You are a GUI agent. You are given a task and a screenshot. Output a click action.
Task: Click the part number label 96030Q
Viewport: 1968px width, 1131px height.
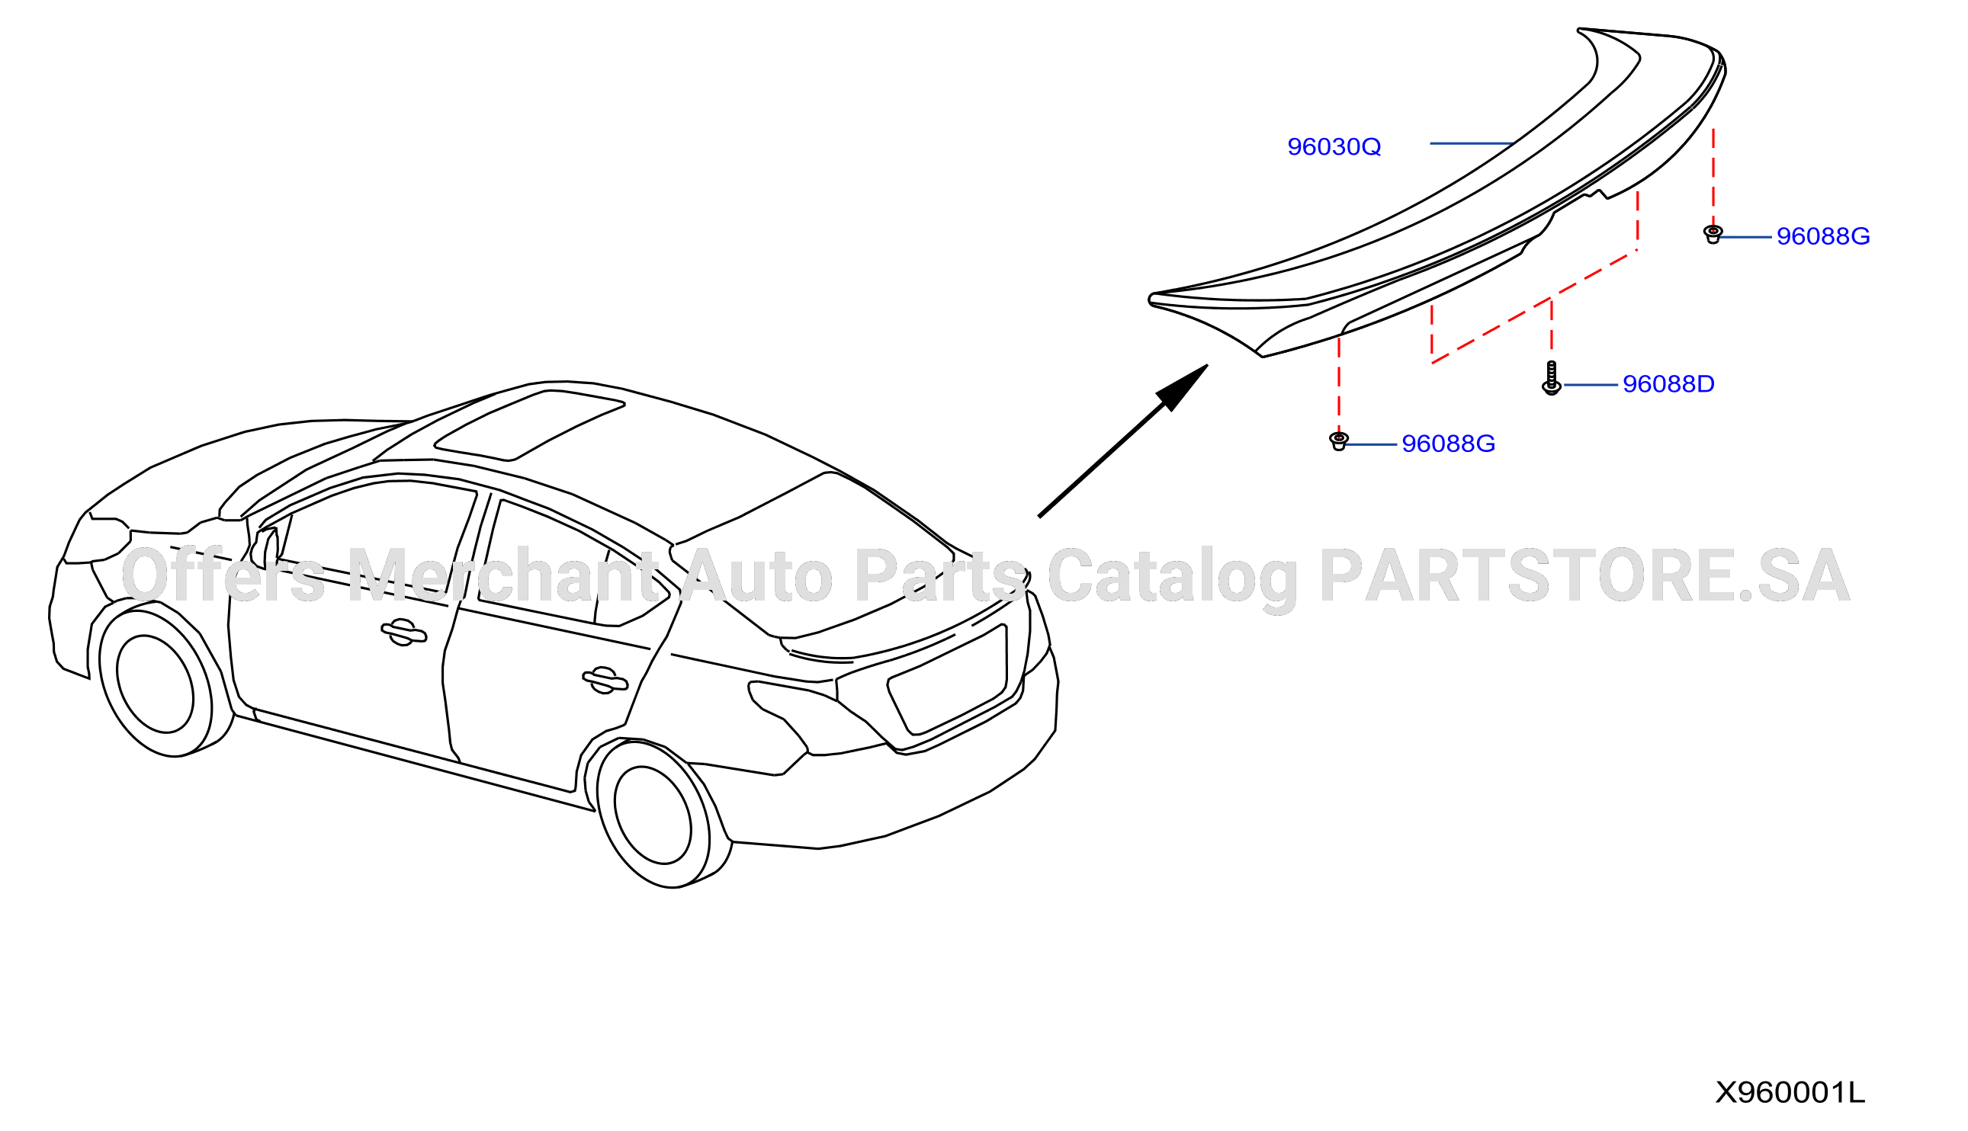pos(1334,147)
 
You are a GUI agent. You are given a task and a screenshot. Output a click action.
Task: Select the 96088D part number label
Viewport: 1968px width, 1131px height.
pos(1668,384)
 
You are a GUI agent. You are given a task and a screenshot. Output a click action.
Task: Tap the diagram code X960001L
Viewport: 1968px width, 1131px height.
pos(1790,1092)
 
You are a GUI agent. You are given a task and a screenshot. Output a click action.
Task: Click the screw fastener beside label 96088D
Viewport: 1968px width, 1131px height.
pos(1552,377)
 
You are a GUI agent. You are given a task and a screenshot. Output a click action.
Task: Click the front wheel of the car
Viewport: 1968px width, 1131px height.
pos(156,683)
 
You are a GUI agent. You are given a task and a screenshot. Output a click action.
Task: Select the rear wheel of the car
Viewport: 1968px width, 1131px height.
pos(653,815)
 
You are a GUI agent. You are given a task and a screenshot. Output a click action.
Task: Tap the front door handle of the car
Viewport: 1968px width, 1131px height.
pos(403,633)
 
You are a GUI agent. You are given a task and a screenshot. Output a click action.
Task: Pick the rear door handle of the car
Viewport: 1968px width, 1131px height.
pos(605,681)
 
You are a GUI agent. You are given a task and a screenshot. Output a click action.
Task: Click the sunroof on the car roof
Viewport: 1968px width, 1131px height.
pos(529,426)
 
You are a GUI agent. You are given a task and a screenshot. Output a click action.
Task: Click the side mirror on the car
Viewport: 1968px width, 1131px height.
pos(265,549)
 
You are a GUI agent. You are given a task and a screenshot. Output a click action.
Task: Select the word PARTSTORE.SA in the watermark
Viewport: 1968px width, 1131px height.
pos(1584,575)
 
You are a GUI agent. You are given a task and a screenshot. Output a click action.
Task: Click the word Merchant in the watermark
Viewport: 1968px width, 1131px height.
pos(503,575)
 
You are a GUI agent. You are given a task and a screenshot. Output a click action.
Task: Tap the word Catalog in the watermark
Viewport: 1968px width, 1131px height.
pos(1173,579)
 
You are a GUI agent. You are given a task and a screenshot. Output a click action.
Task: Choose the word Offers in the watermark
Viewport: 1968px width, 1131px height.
pos(223,575)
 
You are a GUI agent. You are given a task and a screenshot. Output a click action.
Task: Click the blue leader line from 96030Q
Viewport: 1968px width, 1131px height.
pos(1472,144)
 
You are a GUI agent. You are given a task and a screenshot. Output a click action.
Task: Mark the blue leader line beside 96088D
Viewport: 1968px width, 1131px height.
pos(1591,385)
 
